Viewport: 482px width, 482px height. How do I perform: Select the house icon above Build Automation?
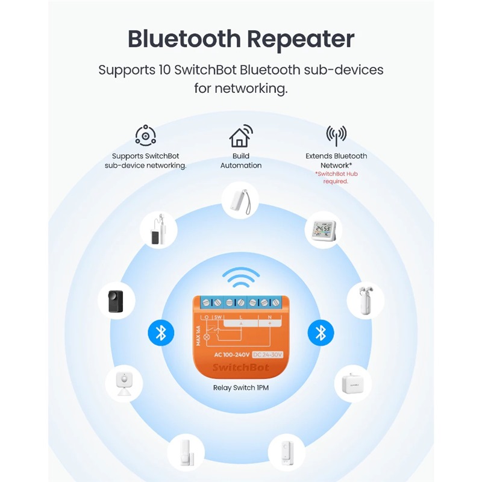pos(240,137)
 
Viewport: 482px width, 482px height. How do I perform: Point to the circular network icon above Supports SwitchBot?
pos(145,136)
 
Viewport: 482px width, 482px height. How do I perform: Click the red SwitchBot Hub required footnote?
pos(336,177)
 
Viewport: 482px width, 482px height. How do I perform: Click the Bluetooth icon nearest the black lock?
pos(161,333)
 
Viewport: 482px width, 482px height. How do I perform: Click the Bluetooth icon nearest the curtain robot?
pos(321,333)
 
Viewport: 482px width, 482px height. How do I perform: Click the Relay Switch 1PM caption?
pos(241,387)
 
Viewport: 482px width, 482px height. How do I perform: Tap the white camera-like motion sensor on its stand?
pos(125,384)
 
